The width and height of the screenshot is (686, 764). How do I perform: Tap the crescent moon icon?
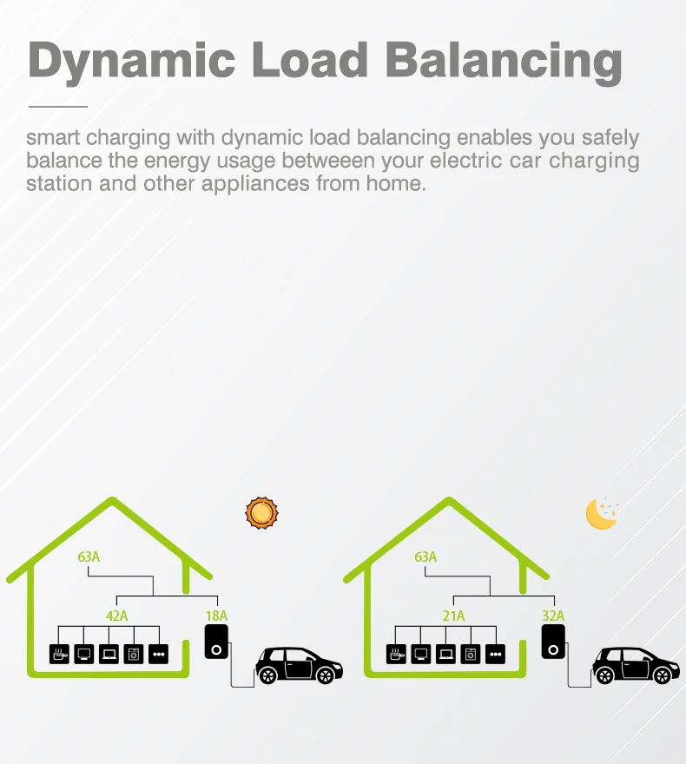point(600,513)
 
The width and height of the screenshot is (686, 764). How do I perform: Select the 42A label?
point(117,616)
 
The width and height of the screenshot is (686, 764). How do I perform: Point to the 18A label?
point(216,616)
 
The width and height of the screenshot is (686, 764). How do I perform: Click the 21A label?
point(454,616)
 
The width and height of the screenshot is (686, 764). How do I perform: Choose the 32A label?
point(553,616)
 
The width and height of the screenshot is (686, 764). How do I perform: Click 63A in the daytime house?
point(89,557)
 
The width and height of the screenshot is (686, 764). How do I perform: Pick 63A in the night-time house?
point(425,557)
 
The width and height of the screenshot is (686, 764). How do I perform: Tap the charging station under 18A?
point(216,643)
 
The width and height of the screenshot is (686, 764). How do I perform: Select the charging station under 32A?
point(553,643)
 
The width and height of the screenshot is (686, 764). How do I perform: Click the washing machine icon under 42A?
point(134,654)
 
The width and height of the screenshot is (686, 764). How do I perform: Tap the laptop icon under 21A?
point(446,654)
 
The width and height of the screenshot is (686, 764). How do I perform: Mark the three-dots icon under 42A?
point(158,654)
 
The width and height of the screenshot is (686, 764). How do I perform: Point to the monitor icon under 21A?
point(421,654)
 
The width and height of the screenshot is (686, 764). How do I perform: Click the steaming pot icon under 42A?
point(60,654)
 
